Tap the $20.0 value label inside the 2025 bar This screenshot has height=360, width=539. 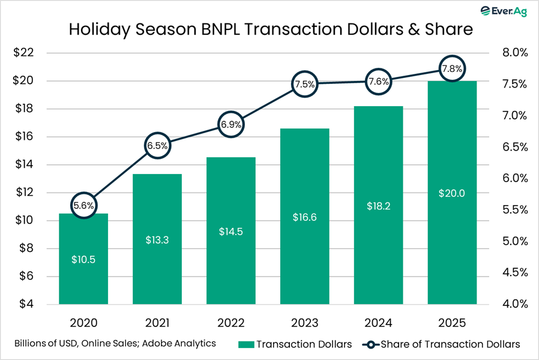[451, 193]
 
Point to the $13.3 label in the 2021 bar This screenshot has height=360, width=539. [157, 239]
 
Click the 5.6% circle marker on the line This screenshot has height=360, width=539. [83, 205]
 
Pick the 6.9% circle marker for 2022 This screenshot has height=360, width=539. [231, 125]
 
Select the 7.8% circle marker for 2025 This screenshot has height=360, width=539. [451, 68]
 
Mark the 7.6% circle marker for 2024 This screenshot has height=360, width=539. [378, 82]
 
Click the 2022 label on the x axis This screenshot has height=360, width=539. [231, 323]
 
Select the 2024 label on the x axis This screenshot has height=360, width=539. [378, 323]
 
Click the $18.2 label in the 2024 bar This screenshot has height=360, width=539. [378, 205]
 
